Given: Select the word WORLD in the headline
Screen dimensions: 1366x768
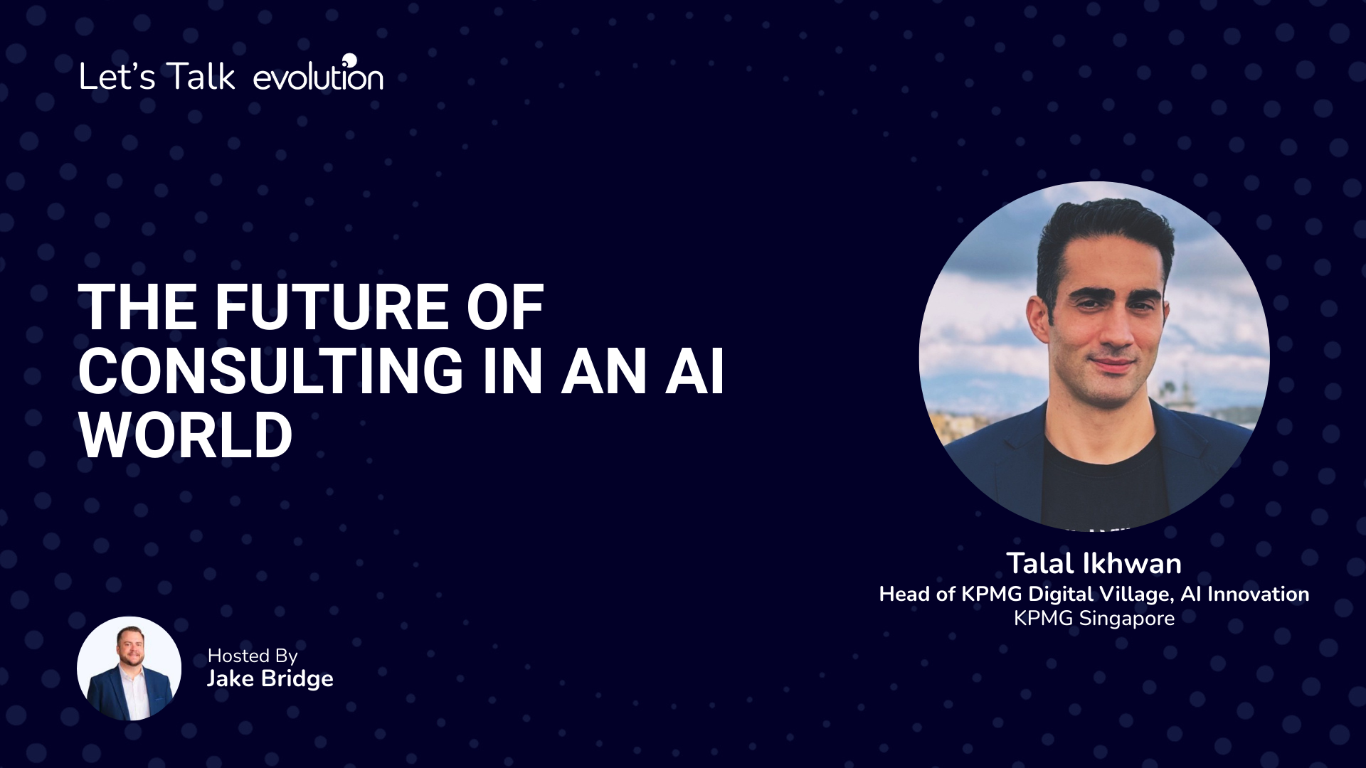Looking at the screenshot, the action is (x=186, y=435).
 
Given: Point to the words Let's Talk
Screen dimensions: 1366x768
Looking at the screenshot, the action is (x=157, y=76).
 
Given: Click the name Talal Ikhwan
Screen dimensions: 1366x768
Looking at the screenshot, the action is (x=1094, y=563).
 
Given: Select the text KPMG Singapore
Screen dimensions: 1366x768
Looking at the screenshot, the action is (x=1094, y=619).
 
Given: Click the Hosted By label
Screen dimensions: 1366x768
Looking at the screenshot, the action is (x=253, y=656).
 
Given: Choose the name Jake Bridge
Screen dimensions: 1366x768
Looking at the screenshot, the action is (x=270, y=678).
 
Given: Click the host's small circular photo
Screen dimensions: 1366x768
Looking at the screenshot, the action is (x=129, y=668).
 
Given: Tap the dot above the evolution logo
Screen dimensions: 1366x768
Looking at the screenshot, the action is (x=349, y=58).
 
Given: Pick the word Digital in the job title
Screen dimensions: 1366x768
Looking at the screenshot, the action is (x=1061, y=594).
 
